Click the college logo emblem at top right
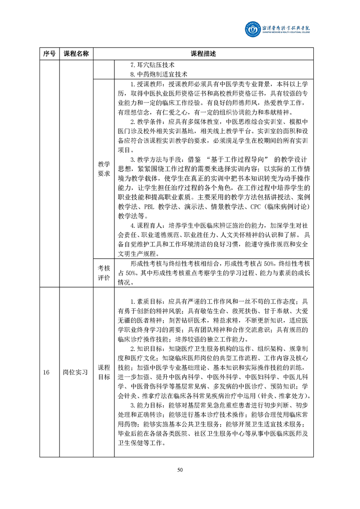pyautogui.click(x=253, y=29)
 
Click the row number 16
pyautogui.click(x=46, y=372)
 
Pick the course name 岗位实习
pyautogui.click(x=76, y=372)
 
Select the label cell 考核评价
pyautogui.click(x=104, y=274)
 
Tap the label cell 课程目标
pyautogui.click(x=104, y=372)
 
